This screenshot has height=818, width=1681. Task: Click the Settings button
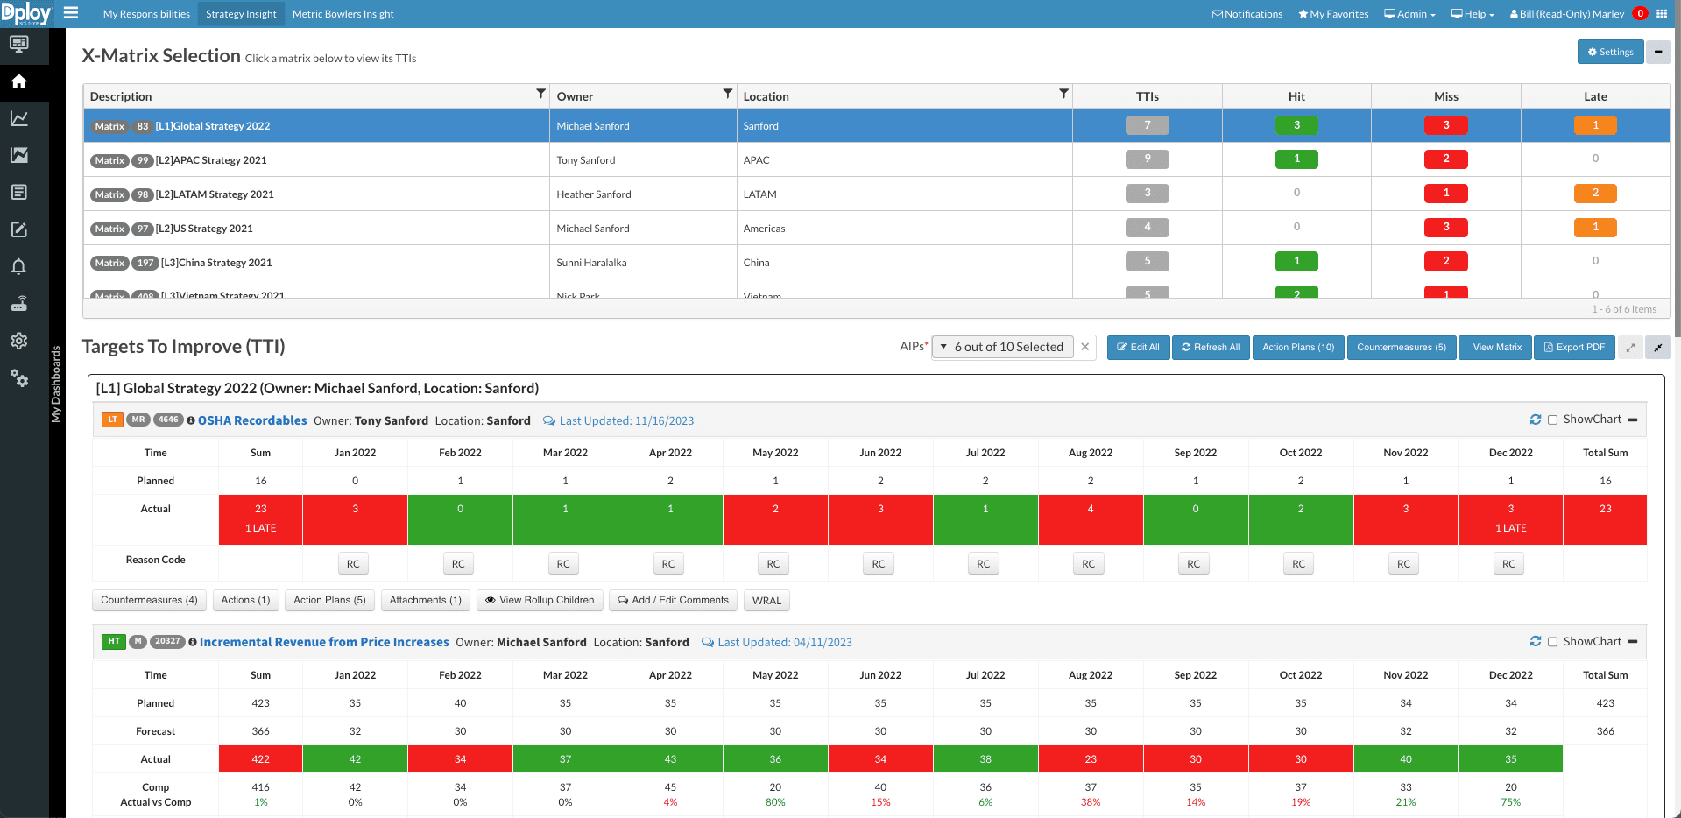coord(1610,52)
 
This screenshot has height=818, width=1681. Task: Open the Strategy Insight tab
coord(241,14)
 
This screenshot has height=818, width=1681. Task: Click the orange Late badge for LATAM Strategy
coord(1594,193)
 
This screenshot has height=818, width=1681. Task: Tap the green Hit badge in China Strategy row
coord(1296,261)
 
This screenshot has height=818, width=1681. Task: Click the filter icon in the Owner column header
coord(727,94)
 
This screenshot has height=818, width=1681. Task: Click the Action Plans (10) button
coord(1297,347)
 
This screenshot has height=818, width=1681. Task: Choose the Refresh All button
coord(1211,347)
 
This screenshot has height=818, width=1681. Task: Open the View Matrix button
coord(1496,347)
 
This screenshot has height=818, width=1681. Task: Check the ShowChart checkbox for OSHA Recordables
coord(1552,420)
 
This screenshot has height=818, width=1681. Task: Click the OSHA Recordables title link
coord(252,420)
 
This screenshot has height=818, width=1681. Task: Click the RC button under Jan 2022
coord(353,564)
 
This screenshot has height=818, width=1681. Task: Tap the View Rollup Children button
coord(540,600)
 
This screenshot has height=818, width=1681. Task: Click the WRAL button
coord(766,600)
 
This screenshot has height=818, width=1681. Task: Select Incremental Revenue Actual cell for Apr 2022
coord(670,759)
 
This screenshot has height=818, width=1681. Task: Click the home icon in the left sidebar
coord(18,81)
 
